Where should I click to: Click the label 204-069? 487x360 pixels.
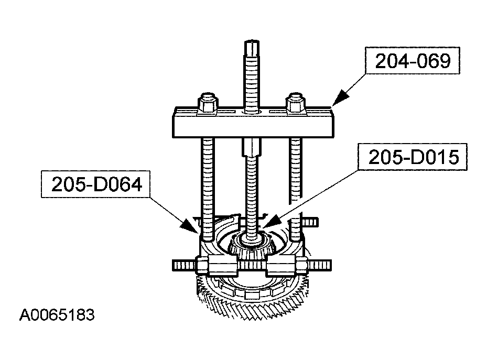[412, 61]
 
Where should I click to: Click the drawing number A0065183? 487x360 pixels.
[57, 315]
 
